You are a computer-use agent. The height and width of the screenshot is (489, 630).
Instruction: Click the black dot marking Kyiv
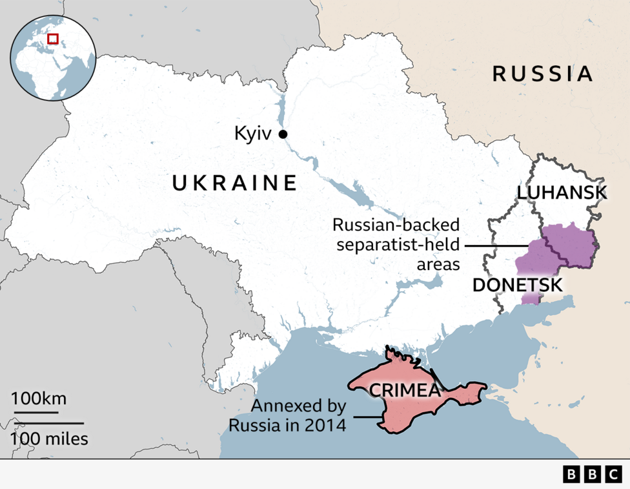pos(283,134)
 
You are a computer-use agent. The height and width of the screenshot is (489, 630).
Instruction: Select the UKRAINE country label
pos(235,183)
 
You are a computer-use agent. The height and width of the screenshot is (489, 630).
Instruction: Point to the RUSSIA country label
pos(542,74)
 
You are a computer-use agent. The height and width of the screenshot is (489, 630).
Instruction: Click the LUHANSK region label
pos(562,192)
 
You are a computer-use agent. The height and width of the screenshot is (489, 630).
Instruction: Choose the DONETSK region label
pos(517,285)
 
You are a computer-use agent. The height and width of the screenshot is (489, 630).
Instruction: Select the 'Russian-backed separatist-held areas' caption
pos(396,244)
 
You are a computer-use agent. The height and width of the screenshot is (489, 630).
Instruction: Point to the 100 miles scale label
pos(49,439)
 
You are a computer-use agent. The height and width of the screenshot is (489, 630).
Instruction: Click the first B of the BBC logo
pos(572,475)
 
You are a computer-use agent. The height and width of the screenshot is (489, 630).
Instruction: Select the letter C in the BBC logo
pos(613,475)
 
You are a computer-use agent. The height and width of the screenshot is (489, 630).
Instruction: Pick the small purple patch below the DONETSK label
pos(531,298)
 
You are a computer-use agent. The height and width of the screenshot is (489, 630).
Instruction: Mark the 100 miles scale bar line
pos(47,423)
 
